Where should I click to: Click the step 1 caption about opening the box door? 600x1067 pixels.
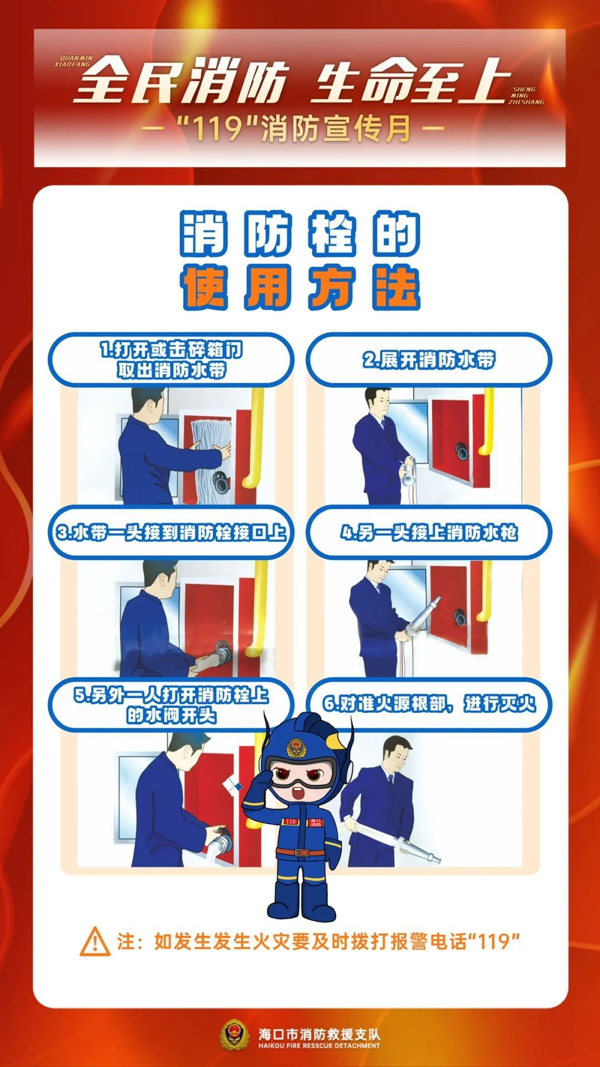pos(171,360)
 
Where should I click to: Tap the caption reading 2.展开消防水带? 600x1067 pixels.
pos(428,360)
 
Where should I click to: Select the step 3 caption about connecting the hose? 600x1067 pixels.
pos(171,532)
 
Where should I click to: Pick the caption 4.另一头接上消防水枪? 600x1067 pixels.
pos(428,532)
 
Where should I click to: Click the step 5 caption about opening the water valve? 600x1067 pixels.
pos(171,705)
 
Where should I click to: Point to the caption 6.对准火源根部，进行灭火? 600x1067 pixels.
pos(428,704)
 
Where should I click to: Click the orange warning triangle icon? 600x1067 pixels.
pos(95,941)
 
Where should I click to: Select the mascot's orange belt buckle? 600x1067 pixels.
pos(301,852)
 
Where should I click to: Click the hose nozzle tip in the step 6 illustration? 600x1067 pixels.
pos(433,859)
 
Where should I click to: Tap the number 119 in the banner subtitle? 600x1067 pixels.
pos(217,129)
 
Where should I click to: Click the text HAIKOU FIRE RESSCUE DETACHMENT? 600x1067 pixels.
pos(319,1045)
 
